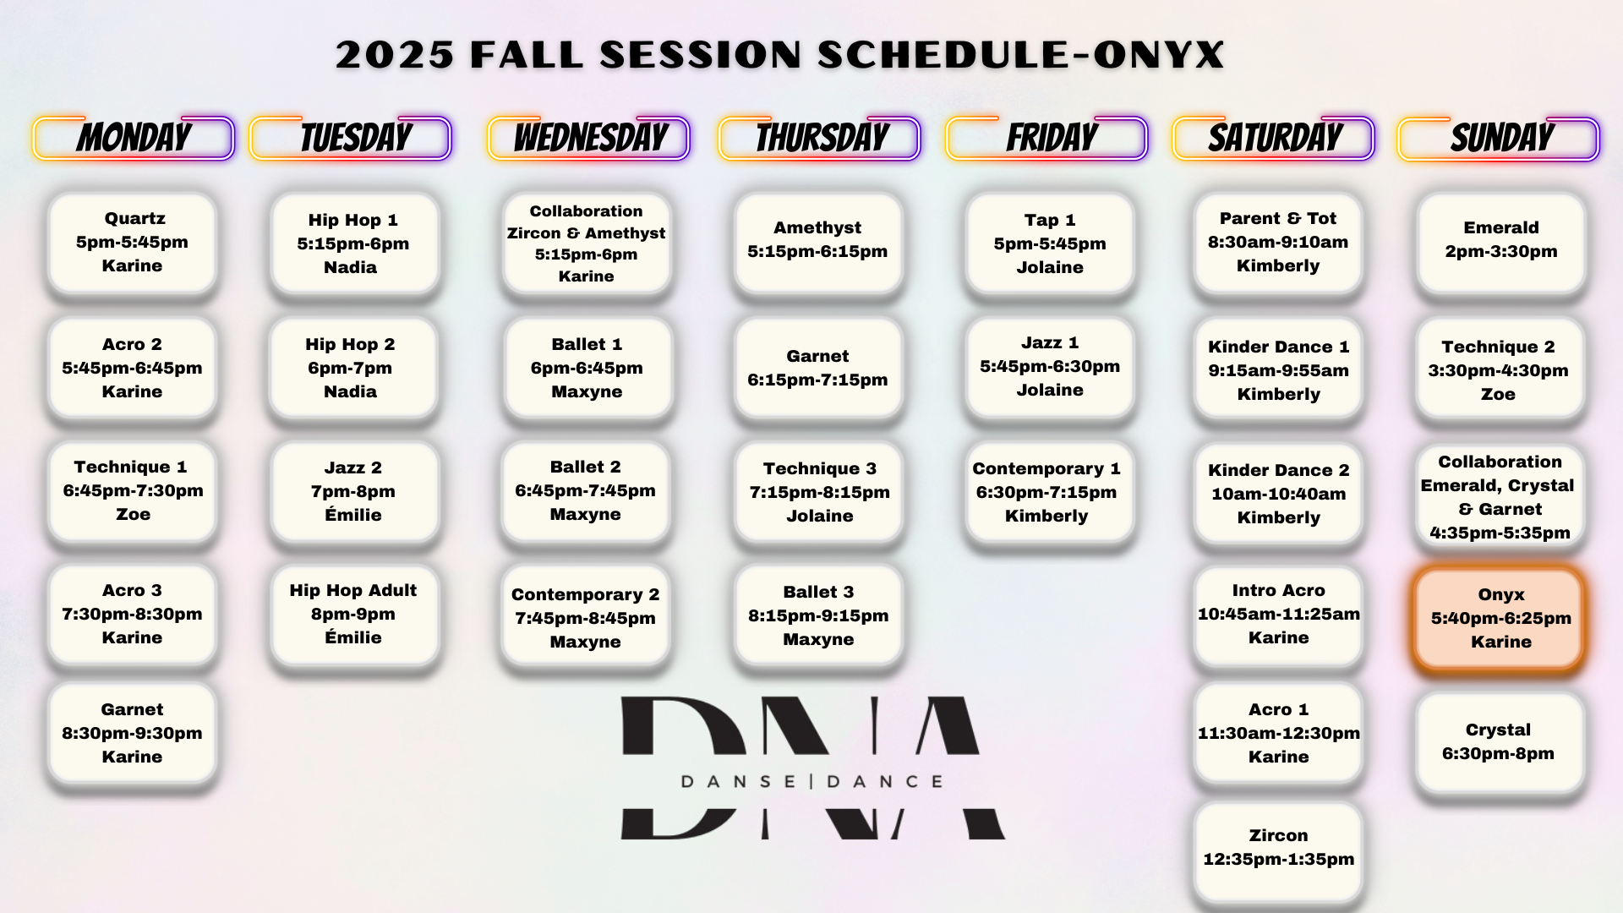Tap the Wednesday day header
click(x=589, y=138)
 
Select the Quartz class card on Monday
click(x=132, y=242)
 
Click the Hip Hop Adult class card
click(x=354, y=614)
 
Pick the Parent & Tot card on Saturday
click(x=1278, y=242)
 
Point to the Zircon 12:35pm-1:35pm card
click(x=1278, y=848)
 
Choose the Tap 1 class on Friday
click(x=1049, y=243)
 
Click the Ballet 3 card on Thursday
click(x=818, y=615)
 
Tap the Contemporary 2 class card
click(x=586, y=617)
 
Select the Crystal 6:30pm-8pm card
click(x=1500, y=741)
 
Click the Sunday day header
click(x=1499, y=138)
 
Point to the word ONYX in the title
click(x=1158, y=55)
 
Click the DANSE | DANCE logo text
click(x=812, y=782)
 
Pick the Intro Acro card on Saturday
click(x=1278, y=614)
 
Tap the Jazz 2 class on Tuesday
click(x=354, y=490)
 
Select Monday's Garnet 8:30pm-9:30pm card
click(x=132, y=733)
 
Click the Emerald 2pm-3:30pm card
click(x=1500, y=242)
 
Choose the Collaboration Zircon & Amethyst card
click(x=587, y=243)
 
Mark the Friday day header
click(x=1046, y=138)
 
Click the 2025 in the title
click(x=395, y=55)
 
